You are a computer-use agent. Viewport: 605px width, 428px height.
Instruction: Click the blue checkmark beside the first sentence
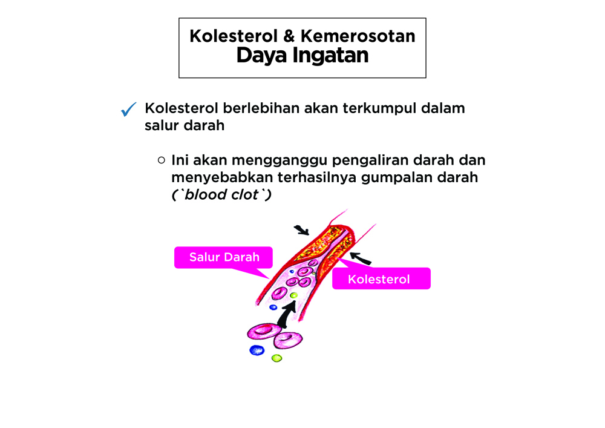point(128,109)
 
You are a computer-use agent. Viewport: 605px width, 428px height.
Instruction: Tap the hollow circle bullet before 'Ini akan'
point(162,160)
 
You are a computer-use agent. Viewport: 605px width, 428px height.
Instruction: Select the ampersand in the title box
point(289,36)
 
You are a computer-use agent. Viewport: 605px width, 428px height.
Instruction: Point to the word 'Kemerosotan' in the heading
point(358,36)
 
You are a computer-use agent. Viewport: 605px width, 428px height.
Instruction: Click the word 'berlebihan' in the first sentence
point(261,108)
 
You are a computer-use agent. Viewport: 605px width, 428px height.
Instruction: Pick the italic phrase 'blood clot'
point(221,194)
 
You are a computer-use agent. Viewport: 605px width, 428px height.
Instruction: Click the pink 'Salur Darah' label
point(224,257)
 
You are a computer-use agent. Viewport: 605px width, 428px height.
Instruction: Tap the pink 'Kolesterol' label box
point(381,278)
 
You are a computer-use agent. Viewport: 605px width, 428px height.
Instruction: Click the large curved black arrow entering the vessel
point(286,314)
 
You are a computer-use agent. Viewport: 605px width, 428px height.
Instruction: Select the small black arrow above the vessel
point(302,230)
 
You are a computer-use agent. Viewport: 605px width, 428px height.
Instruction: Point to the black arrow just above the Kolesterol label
point(361,258)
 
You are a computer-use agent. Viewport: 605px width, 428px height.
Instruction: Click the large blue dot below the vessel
point(257,350)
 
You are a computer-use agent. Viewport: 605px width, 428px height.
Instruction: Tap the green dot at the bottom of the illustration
point(276,358)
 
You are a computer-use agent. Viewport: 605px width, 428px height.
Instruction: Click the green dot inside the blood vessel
point(293,295)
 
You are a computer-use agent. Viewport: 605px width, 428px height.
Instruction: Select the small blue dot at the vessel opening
point(273,307)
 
